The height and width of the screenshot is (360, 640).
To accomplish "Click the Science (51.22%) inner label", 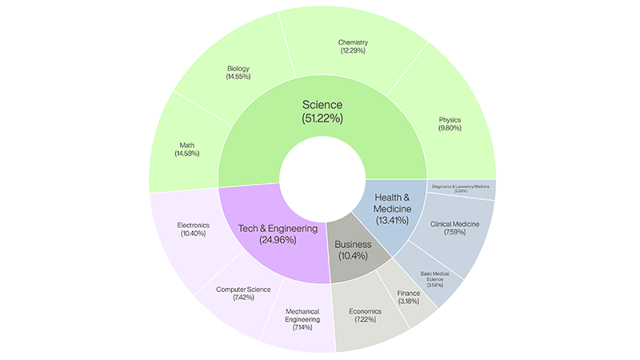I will pyautogui.click(x=322, y=111).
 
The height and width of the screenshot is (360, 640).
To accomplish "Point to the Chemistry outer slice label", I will pyautogui.click(x=353, y=46).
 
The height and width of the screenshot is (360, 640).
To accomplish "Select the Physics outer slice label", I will pyautogui.click(x=450, y=125).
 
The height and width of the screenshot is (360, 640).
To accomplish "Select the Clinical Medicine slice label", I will pyautogui.click(x=454, y=230).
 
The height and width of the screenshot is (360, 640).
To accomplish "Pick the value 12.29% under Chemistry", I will pyautogui.click(x=353, y=50).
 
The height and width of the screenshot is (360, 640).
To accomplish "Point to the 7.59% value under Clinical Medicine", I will pyautogui.click(x=454, y=235).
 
